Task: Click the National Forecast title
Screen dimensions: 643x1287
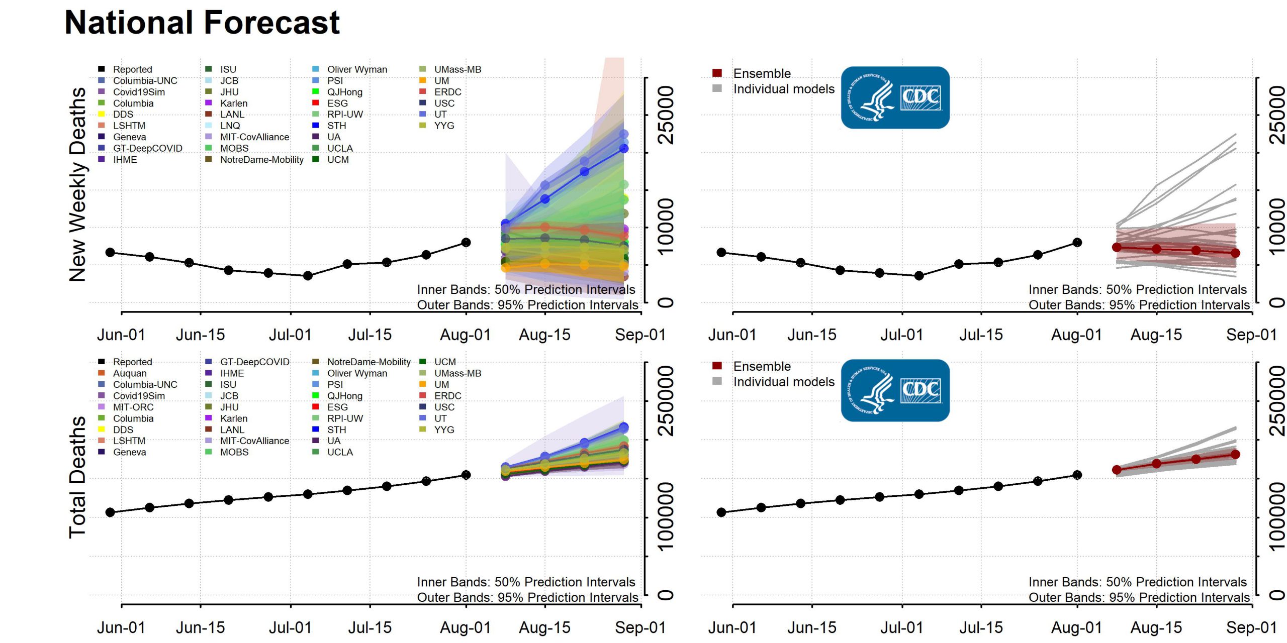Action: coord(202,23)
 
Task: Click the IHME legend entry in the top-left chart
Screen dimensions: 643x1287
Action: coord(124,160)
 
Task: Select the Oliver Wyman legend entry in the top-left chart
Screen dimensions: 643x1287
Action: coord(356,69)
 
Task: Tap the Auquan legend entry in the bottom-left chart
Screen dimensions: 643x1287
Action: coord(129,373)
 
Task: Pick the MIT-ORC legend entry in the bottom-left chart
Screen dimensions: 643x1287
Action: coord(133,407)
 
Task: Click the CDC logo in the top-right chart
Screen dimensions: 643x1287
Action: coord(895,97)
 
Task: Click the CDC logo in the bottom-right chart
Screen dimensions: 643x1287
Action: coord(895,390)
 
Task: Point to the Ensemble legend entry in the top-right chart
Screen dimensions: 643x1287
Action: coord(761,73)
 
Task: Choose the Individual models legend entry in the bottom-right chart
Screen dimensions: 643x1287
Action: coord(783,382)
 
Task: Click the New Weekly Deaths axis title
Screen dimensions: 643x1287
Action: coord(78,184)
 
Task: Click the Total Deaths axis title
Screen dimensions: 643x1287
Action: coord(78,477)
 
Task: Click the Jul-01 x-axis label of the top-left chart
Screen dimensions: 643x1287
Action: coord(290,335)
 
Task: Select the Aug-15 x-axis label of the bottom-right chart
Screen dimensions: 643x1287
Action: coord(1156,628)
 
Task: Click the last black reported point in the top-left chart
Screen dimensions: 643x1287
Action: coord(466,243)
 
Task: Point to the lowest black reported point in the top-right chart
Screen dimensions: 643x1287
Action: coord(919,276)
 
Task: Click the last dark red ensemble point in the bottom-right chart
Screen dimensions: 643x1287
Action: coord(1235,455)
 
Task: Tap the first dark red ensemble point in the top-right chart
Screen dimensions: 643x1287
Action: coord(1117,247)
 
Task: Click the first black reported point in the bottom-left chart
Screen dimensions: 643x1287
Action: coord(110,512)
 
